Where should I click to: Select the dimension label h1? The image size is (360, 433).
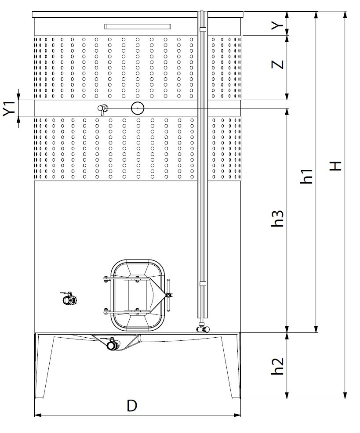[306, 177]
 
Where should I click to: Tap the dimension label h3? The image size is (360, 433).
[277, 218]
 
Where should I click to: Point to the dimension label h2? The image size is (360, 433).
[277, 366]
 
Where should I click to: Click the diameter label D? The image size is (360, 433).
[132, 406]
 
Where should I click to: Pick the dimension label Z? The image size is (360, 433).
[278, 65]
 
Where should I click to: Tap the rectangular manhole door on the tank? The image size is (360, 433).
[138, 296]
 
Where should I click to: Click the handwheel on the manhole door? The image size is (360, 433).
[168, 295]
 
